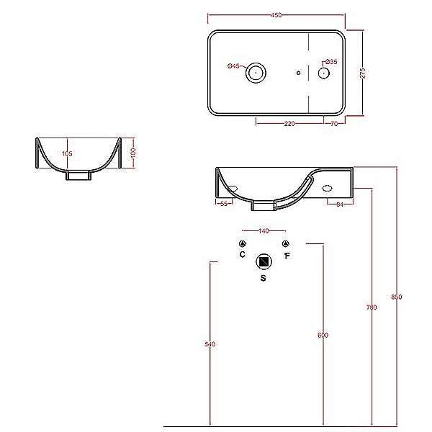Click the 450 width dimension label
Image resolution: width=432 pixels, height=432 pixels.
276,15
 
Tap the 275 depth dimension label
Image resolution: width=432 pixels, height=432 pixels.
363,73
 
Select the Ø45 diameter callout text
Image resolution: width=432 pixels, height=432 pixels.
233,66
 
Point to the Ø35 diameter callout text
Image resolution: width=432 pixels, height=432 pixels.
331,62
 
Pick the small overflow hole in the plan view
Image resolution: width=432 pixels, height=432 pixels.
298,73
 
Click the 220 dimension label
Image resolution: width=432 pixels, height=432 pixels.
289,124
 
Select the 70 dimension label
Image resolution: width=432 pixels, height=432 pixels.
334,124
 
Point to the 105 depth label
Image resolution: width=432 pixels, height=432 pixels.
67,153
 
